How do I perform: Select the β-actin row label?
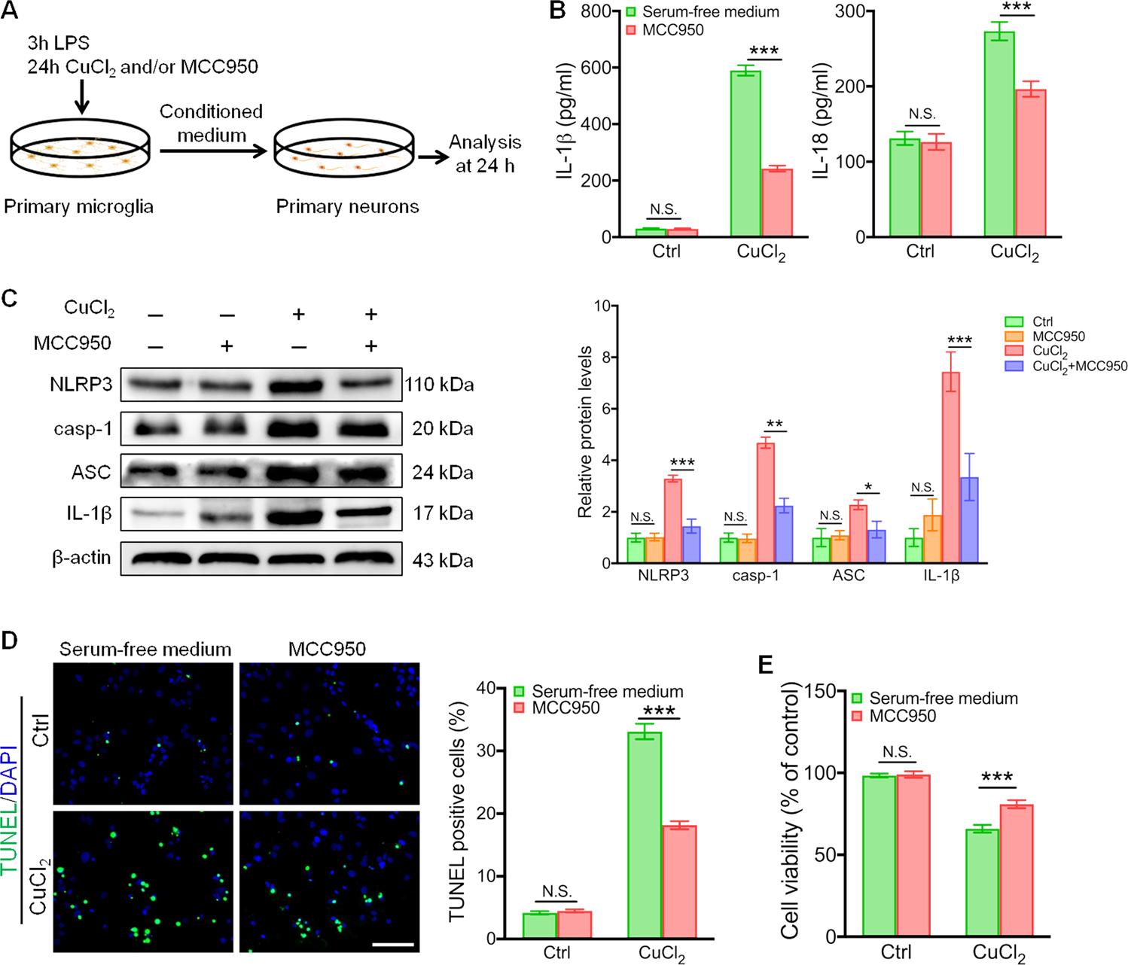[81, 558]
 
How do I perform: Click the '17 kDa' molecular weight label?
[442, 514]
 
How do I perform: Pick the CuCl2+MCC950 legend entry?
[1079, 367]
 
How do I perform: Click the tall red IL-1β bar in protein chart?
[950, 467]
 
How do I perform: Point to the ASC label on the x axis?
[849, 576]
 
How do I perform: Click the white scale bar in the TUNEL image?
[392, 942]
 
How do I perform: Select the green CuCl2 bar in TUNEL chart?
[644, 836]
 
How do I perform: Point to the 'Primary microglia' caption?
[78, 206]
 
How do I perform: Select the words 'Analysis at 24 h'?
[485, 154]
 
